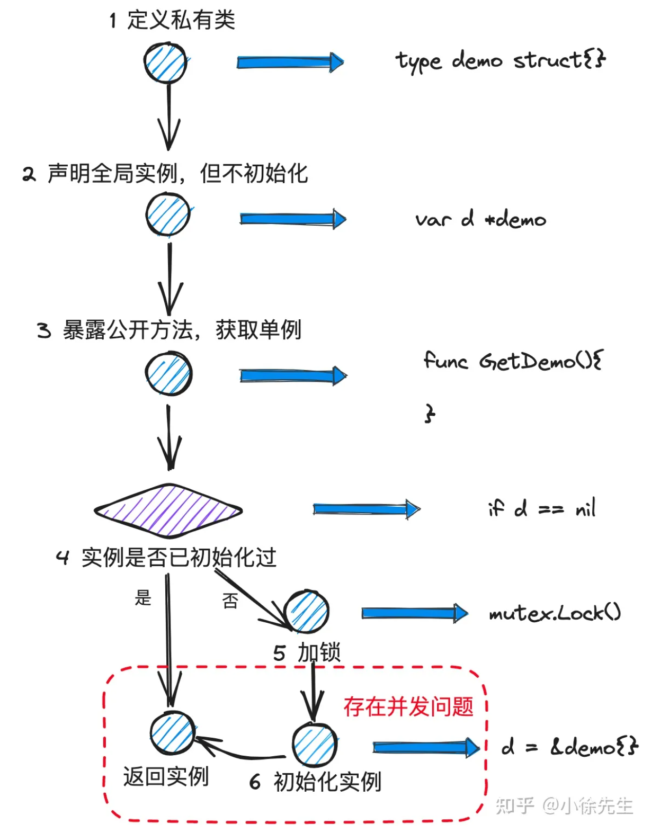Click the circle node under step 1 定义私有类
click(166, 62)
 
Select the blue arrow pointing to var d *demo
click(292, 219)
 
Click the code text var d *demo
click(480, 219)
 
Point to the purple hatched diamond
click(168, 510)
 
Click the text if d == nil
click(541, 509)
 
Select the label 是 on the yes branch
click(143, 598)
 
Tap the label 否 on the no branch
click(230, 601)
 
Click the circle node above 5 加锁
click(307, 612)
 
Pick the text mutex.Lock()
click(555, 613)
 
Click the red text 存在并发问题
click(408, 707)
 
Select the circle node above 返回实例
click(172, 733)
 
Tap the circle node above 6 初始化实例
click(315, 745)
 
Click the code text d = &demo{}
click(569, 747)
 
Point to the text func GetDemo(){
click(513, 361)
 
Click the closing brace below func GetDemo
click(430, 413)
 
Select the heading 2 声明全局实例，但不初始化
click(165, 173)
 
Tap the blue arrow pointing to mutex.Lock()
click(414, 613)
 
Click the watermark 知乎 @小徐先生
click(564, 805)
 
